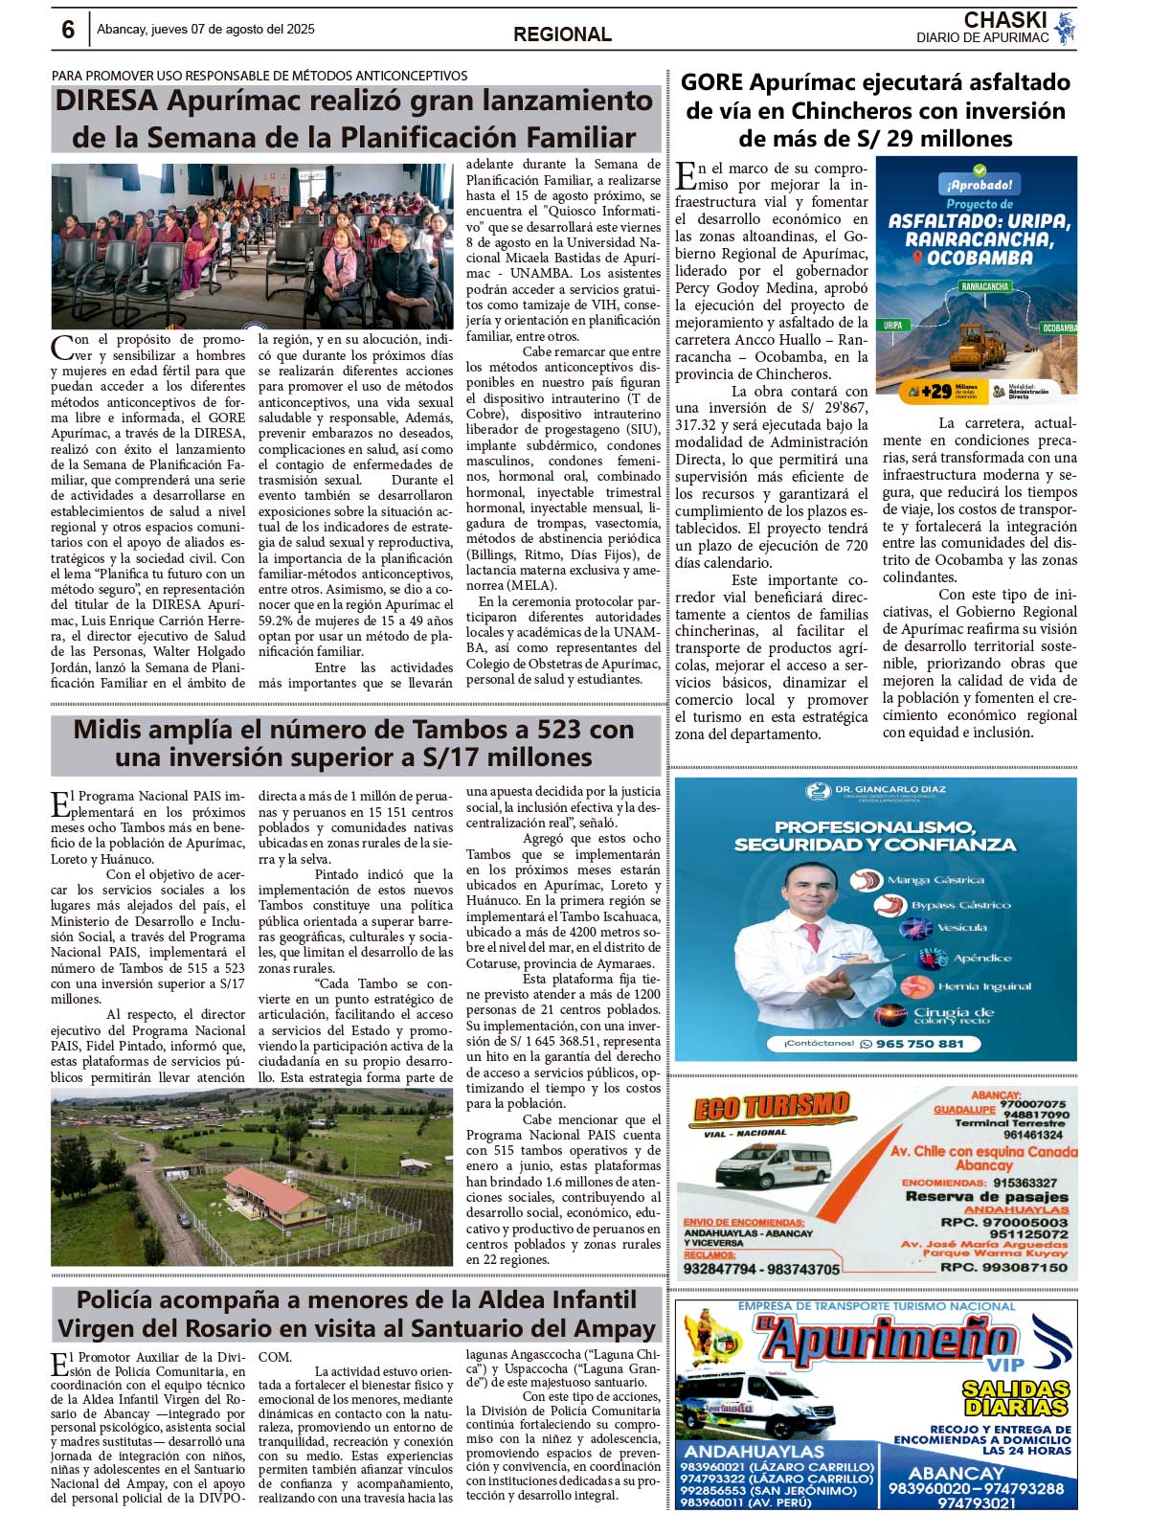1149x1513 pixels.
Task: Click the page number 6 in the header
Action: [68, 31]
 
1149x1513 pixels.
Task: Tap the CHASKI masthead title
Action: [1004, 20]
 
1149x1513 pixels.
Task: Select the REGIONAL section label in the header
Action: [562, 34]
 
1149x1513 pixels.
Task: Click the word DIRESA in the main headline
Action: [106, 102]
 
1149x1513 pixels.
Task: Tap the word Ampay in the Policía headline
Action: [616, 1328]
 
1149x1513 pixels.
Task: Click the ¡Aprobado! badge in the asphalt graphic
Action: [979, 184]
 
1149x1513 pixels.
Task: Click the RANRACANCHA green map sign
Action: [983, 286]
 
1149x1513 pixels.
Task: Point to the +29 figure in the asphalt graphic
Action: [935, 391]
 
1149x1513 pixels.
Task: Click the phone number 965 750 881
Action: [918, 1044]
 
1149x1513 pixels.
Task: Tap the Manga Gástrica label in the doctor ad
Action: [935, 879]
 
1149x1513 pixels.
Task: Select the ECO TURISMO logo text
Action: [771, 1108]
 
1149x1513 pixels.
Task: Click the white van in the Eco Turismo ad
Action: [771, 1164]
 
